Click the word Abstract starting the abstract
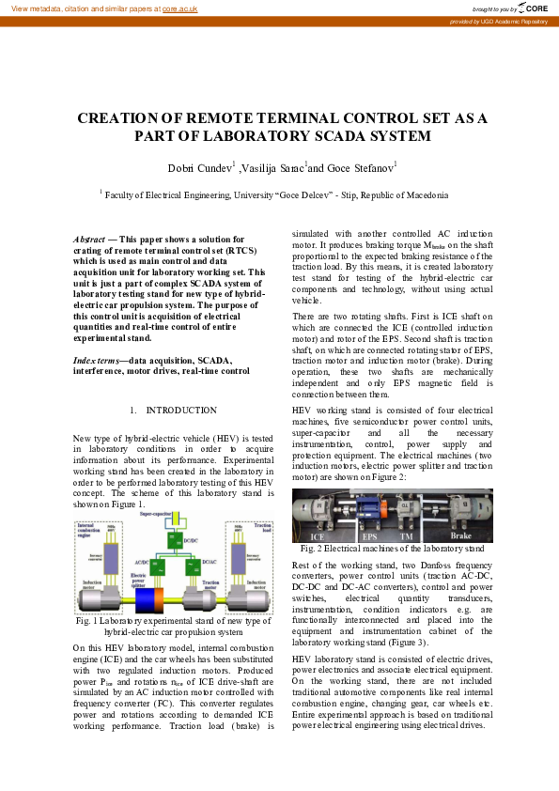click(x=89, y=240)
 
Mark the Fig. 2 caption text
click(x=392, y=548)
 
